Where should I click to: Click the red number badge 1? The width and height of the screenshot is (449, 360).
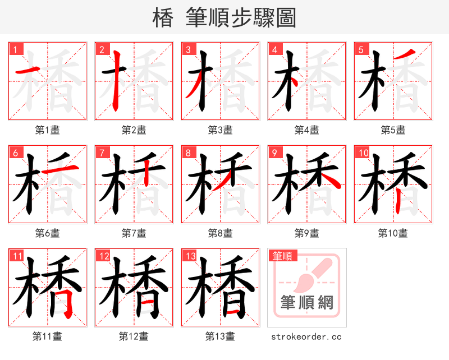[15, 49]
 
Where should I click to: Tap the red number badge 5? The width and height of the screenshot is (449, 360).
[361, 49]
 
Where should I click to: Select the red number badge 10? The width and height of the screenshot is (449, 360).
[363, 153]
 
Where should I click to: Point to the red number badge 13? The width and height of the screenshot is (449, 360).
[190, 256]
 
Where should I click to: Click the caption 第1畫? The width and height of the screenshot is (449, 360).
[47, 130]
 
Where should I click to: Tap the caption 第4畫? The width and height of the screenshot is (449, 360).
[306, 130]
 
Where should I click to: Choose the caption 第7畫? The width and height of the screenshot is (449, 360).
[134, 233]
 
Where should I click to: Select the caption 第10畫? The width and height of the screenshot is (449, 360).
[393, 233]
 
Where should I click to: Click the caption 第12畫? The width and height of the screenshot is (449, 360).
[134, 336]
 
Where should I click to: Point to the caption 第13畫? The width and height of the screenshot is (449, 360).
[220, 336]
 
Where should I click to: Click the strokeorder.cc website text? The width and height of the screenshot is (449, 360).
[306, 337]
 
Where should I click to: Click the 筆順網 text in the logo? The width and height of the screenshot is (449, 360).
[307, 303]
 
